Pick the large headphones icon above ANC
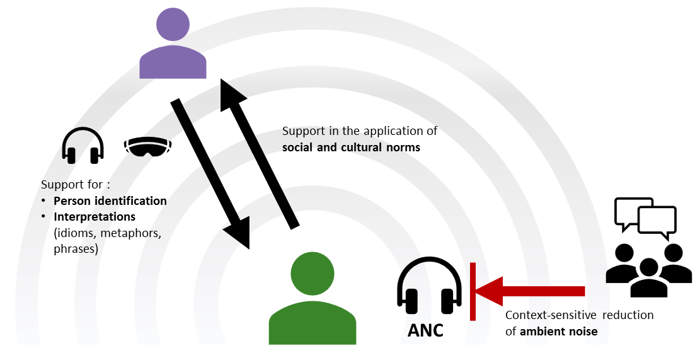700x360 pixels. pos(426,287)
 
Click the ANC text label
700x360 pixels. pos(425,330)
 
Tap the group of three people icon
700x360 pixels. pos(648,269)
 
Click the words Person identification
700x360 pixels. pos(110,201)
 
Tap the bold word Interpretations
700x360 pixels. pos(95,217)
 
